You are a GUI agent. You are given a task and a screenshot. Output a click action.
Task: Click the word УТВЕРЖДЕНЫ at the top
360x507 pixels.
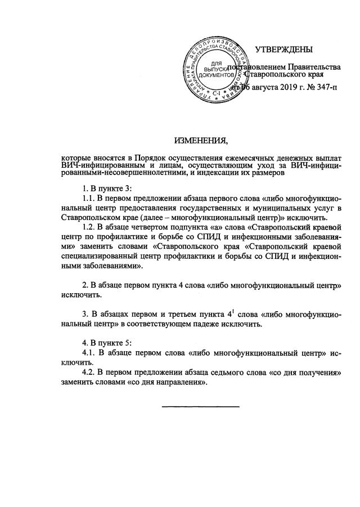click(x=283, y=51)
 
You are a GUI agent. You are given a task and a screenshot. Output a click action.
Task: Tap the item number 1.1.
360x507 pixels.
click(x=89, y=199)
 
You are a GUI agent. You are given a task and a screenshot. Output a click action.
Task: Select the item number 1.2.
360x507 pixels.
click(x=89, y=227)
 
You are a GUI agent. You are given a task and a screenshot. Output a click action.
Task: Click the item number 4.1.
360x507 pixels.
click(x=89, y=353)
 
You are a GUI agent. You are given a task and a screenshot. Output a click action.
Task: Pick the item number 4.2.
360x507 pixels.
click(x=89, y=373)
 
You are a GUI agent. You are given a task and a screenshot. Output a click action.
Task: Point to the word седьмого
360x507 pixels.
click(x=234, y=373)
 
